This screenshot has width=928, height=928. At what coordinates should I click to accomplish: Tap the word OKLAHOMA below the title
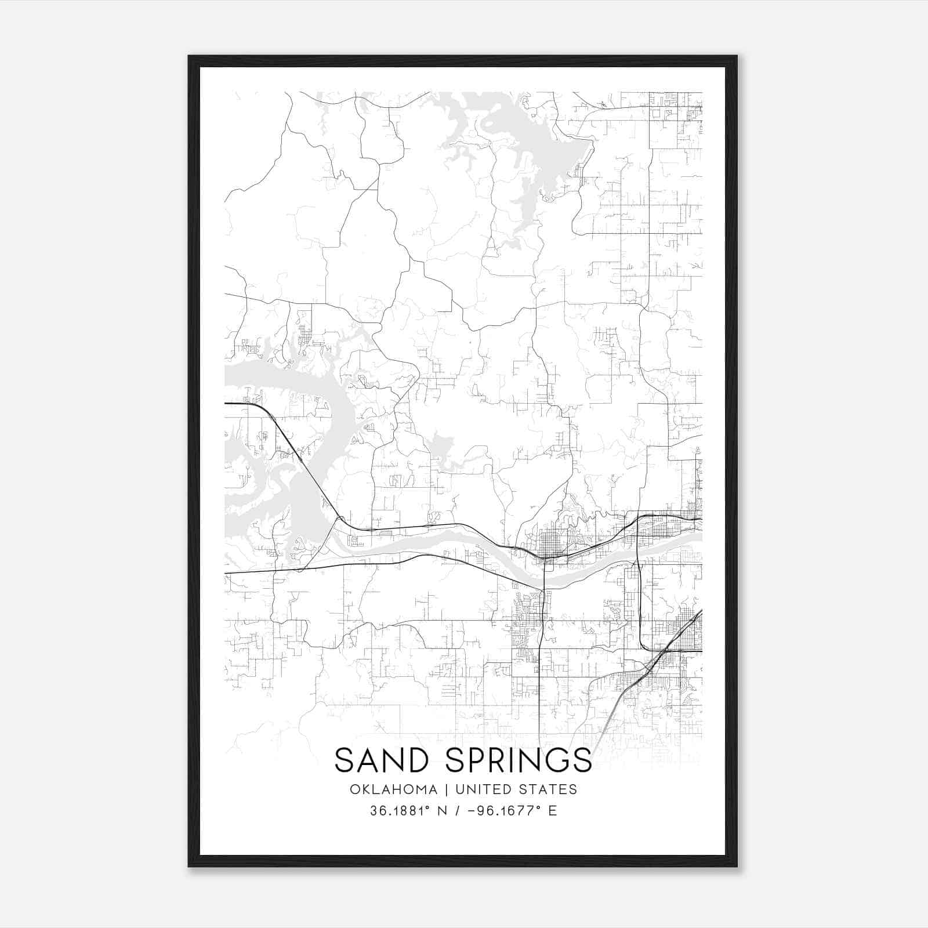coord(393,789)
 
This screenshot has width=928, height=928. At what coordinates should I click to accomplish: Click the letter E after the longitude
coord(552,811)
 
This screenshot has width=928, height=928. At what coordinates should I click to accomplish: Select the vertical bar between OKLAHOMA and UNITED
coord(447,789)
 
